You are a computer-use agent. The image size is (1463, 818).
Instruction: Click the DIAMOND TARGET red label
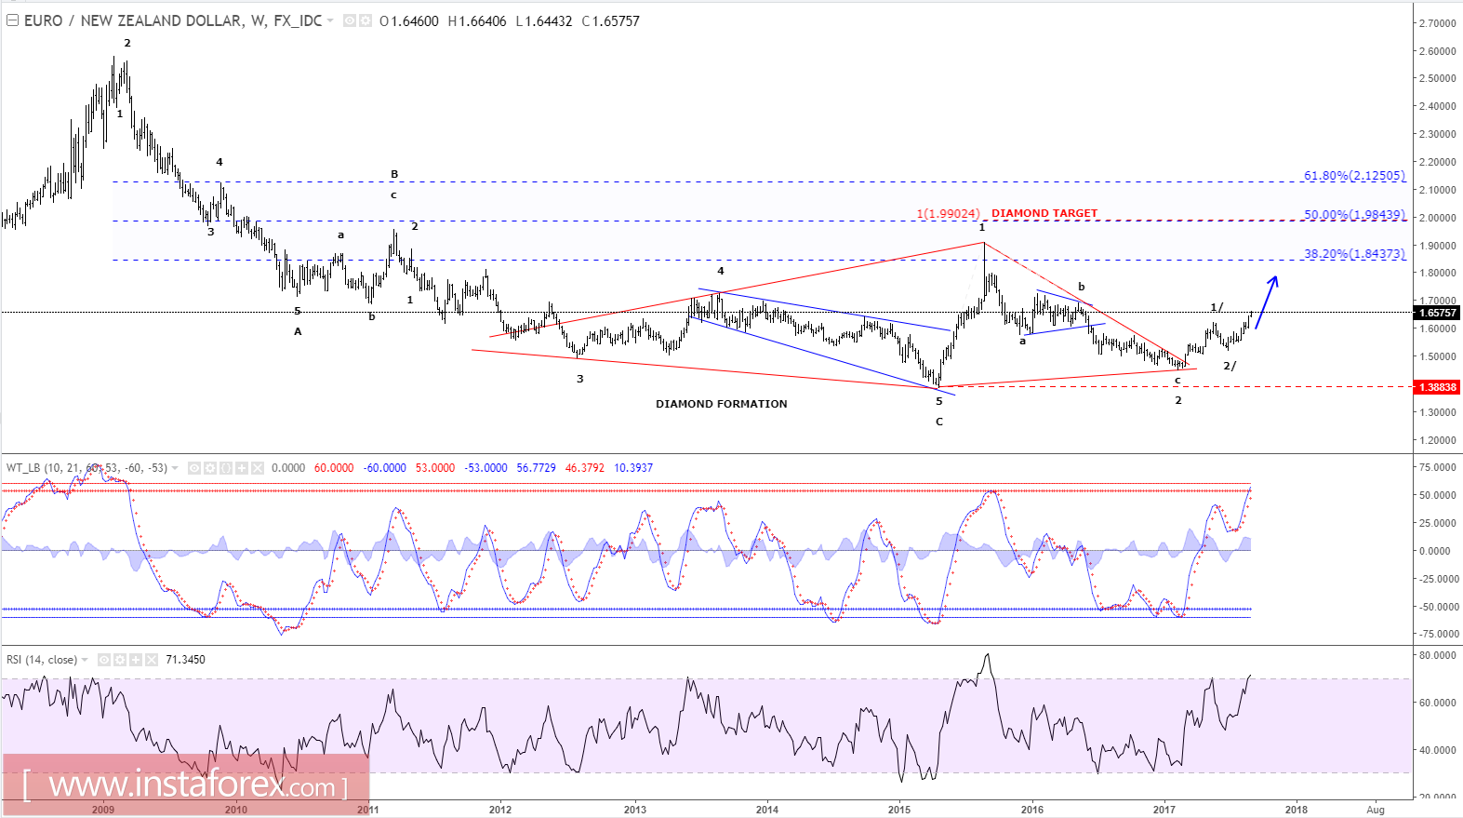tap(1044, 214)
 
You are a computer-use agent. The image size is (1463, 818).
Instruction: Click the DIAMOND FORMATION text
tap(721, 404)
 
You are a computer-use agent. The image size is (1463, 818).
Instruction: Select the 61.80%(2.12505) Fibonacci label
tap(1353, 176)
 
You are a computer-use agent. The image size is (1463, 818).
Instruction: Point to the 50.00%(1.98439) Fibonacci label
tap(1353, 215)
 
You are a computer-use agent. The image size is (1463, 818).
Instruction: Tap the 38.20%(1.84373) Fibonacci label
tap(1353, 254)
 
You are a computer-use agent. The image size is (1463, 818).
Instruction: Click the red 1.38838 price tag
tap(1437, 387)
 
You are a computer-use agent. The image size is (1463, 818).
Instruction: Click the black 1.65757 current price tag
tap(1437, 313)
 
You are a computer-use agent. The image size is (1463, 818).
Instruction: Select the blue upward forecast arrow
tap(1267, 301)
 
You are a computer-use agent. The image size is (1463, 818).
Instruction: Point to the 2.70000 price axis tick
tap(1437, 23)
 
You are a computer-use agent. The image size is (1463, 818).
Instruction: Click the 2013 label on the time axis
tap(634, 810)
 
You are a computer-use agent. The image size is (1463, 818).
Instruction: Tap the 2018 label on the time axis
tap(1296, 810)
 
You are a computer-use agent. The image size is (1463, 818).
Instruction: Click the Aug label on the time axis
tap(1376, 810)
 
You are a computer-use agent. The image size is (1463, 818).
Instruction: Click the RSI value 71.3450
tap(185, 660)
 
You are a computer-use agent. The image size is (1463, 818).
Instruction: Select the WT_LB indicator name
tap(23, 468)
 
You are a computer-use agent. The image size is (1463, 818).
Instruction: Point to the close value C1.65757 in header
tap(610, 21)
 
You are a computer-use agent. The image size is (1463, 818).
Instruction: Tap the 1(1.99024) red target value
tap(948, 214)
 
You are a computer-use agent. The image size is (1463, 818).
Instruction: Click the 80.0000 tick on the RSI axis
tap(1437, 656)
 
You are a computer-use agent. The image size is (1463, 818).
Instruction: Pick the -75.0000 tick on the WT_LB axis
tap(1437, 635)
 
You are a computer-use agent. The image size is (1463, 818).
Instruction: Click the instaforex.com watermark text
tap(186, 786)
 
